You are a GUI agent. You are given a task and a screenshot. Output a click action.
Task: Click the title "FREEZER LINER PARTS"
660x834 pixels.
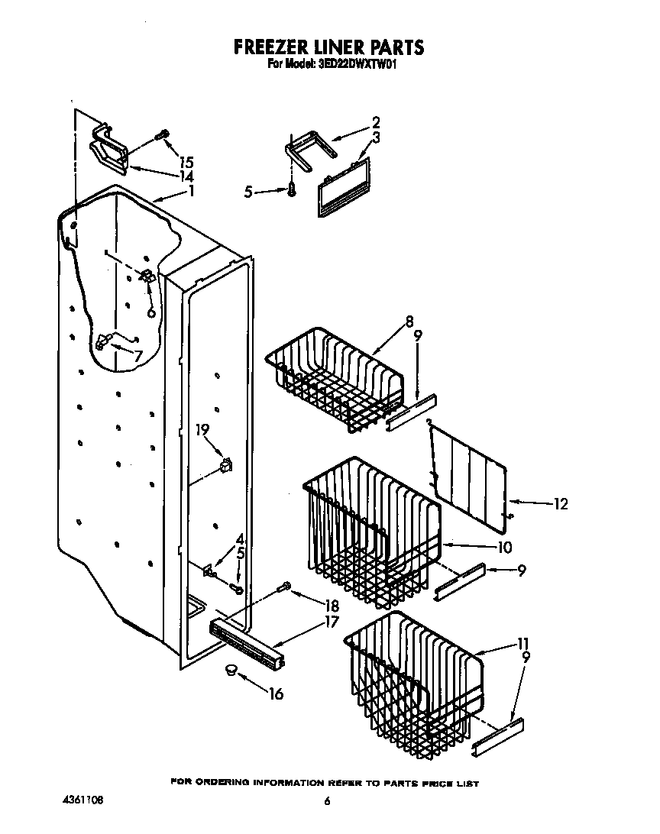point(328,47)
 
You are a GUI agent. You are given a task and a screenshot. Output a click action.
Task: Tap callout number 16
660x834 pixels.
point(276,693)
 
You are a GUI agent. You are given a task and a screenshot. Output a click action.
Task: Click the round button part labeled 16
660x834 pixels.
point(230,671)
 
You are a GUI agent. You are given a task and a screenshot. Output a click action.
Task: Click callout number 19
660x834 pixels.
point(202,430)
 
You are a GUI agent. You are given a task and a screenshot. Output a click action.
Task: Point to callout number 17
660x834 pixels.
point(332,622)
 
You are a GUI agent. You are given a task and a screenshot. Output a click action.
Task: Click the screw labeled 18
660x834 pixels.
point(284,587)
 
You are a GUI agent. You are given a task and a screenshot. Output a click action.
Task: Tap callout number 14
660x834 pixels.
point(186,176)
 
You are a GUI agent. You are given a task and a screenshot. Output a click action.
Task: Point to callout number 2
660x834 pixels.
point(375,121)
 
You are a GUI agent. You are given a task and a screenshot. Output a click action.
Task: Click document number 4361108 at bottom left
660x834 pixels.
point(83,801)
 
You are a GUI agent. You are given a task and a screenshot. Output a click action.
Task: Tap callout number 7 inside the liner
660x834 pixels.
point(137,357)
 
